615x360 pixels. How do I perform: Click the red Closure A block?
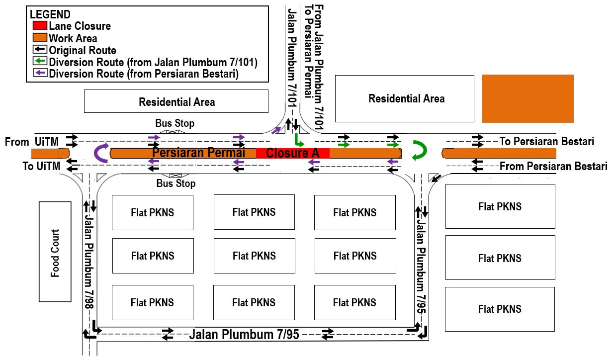293,153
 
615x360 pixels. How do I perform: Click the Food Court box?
55,252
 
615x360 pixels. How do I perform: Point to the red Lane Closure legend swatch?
40,25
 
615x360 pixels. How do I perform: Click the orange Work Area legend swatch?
40,37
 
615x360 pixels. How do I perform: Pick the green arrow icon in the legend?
40,61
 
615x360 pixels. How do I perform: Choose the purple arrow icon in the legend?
40,73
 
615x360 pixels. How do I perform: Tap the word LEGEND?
50,14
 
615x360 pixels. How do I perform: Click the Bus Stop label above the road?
175,123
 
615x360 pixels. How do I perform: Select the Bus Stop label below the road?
176,183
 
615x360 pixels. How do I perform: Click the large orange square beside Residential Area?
528,98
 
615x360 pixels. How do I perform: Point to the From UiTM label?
32,142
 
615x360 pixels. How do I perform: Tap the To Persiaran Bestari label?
547,141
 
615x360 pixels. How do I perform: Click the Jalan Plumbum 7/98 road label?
89,262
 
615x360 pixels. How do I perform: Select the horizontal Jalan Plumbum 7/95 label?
244,335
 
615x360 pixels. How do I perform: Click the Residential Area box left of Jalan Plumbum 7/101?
176,101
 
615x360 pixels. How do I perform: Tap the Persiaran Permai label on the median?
198,152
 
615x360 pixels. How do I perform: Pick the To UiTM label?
41,166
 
